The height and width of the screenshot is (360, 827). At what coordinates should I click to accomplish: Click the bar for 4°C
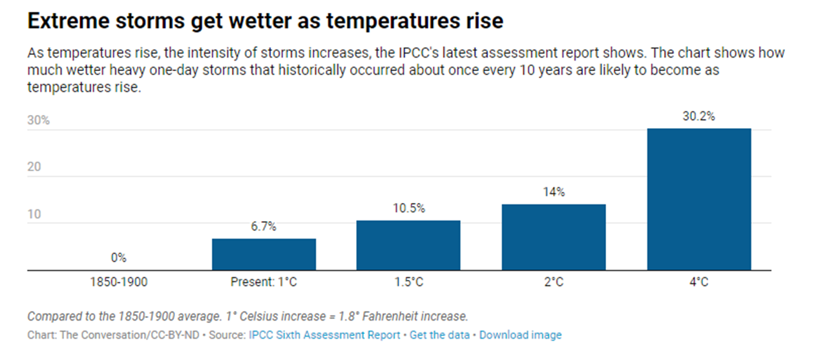coord(698,199)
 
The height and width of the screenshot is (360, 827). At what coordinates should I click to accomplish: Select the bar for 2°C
coord(554,237)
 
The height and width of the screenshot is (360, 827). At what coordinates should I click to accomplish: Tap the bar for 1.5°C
coord(408,245)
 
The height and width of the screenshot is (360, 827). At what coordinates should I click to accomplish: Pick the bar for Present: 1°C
coord(264,254)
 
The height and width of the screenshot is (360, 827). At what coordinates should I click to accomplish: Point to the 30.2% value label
coord(698,117)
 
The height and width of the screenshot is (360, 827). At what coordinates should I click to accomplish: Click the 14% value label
coord(554,192)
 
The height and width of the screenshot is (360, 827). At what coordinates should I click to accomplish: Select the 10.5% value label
coord(408,208)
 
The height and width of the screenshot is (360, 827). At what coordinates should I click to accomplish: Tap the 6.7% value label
coord(264,226)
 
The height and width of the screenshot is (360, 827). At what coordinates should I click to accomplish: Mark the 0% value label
coord(118,257)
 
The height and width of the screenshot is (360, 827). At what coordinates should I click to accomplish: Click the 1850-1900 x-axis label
coord(118,282)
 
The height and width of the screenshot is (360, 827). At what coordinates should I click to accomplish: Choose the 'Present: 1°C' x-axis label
coord(264,282)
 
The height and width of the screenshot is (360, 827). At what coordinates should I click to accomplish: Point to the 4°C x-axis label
coord(698,282)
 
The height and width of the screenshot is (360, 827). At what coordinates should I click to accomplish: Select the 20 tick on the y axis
coord(34,167)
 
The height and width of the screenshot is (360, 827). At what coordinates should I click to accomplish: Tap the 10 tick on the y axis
coord(34,214)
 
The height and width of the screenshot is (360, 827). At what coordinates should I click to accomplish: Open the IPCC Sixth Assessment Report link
coord(324,335)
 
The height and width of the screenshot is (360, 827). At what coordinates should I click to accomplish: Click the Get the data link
coord(439,335)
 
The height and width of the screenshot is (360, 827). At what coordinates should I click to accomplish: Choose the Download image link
coord(520,335)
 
